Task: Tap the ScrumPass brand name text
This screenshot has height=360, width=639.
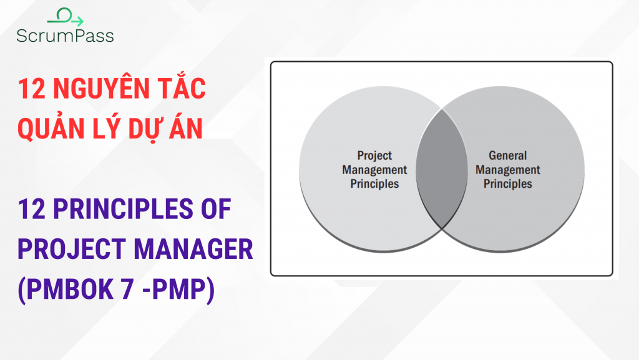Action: tap(66, 36)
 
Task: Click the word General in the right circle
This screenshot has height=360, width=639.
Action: tap(507, 156)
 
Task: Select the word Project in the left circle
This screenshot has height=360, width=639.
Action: tap(374, 156)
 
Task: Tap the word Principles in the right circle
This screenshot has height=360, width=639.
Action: tap(507, 183)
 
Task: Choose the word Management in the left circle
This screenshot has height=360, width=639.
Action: tap(374, 170)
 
